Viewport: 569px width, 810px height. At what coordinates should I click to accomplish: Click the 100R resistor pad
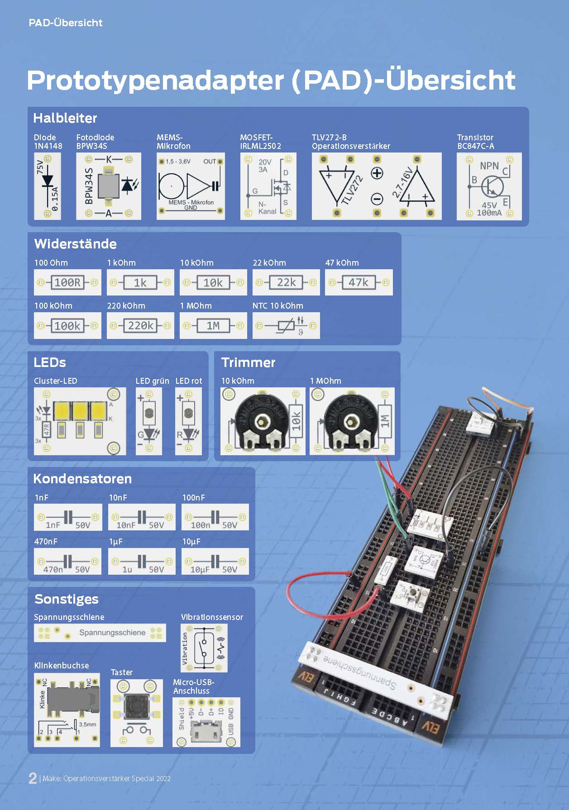tap(67, 282)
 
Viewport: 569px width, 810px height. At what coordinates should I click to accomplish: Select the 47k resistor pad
tap(359, 282)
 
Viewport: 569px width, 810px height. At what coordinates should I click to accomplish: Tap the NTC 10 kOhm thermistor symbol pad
tap(286, 325)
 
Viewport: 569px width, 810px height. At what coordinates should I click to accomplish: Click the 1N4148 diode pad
tap(48, 186)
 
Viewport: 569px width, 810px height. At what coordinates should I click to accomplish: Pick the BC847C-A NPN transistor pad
tap(489, 186)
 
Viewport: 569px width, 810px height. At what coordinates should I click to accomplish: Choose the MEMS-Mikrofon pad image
tap(191, 186)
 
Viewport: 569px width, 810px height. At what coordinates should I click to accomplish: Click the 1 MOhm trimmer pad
tap(352, 421)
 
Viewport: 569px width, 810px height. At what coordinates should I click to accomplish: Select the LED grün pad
tap(149, 421)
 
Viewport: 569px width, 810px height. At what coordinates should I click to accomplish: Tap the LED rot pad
tap(188, 421)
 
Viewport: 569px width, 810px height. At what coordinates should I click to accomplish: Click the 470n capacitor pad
tap(67, 561)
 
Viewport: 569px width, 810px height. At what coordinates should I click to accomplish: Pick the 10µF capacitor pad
tap(215, 561)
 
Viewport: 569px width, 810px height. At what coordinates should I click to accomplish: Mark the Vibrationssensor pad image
tap(204, 648)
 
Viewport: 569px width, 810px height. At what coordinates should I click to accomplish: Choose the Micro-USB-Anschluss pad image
tap(206, 722)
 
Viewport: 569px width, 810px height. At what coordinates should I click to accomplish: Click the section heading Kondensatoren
tap(82, 479)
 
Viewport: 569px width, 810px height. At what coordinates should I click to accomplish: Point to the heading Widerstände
tap(75, 244)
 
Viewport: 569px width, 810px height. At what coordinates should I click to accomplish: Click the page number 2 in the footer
tap(33, 778)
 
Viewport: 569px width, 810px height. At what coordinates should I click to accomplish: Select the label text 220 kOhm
tap(126, 306)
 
